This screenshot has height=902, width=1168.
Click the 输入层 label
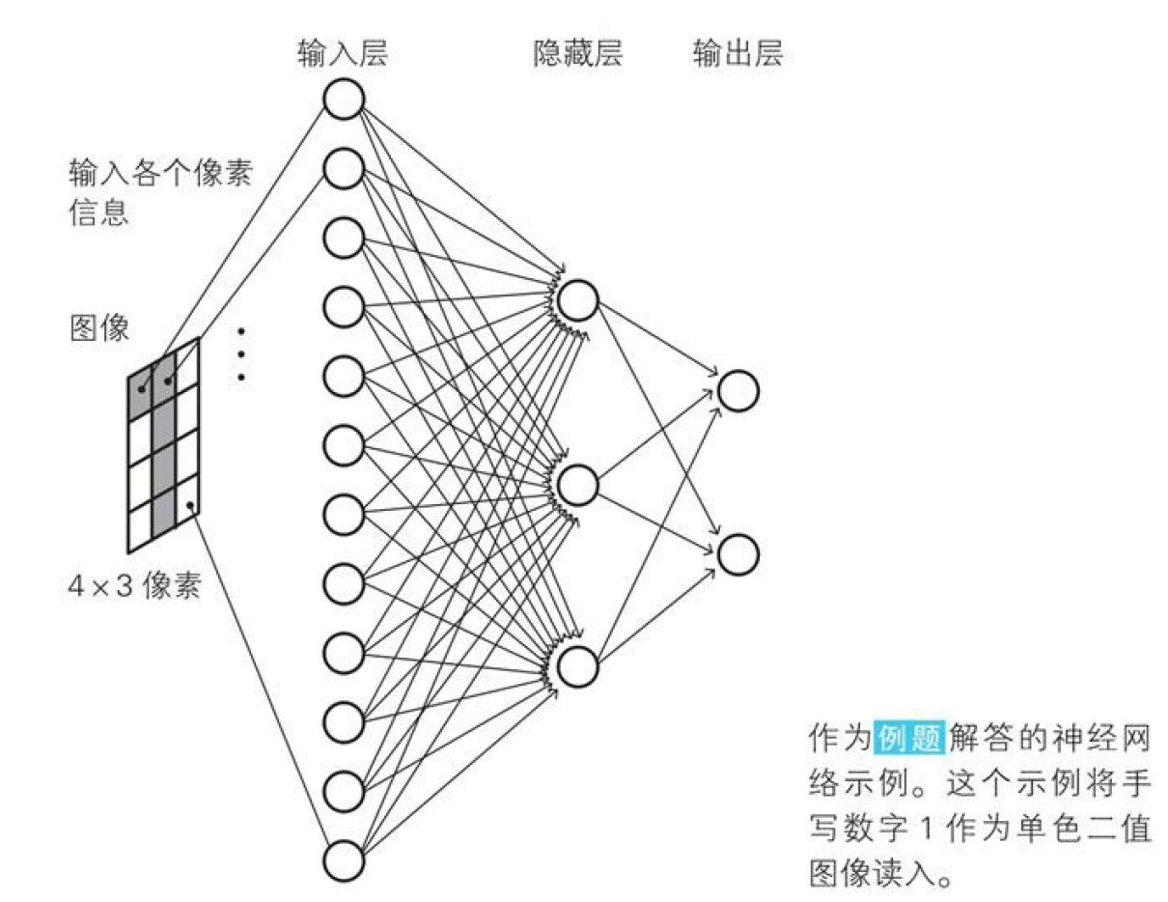coord(343,53)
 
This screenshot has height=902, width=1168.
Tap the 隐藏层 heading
coord(578,53)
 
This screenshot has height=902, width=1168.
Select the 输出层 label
coord(737,53)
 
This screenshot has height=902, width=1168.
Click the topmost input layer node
coord(344,99)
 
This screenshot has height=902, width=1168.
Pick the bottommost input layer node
coord(344,860)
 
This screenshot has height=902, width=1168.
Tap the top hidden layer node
coord(578,300)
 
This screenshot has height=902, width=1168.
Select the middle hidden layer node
coord(578,486)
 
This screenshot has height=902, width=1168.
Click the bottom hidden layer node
coord(578,666)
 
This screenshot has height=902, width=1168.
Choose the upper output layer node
coord(738,391)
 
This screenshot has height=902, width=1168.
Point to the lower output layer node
coord(738,554)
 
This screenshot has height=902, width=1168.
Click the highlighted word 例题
coord(909,738)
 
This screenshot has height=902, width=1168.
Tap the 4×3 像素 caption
coord(134,585)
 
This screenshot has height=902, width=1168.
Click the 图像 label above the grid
coord(100,327)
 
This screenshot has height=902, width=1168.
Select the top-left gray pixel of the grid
coord(141,392)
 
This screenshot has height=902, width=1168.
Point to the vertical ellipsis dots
coord(241,354)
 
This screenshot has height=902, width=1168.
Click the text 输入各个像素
coord(160,173)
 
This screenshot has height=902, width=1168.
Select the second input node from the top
coord(344,168)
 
